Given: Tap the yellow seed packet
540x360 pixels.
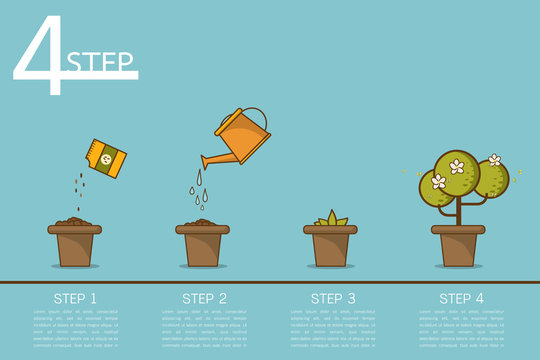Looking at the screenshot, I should tap(107, 158).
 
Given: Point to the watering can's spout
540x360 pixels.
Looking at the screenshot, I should tap(210, 160).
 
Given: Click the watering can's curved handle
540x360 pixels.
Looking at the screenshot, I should tap(256, 116).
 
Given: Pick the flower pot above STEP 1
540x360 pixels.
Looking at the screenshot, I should tap(74, 246).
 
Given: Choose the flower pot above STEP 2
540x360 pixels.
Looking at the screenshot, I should tap(202, 246).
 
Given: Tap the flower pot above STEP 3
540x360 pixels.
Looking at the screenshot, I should tap(330, 246).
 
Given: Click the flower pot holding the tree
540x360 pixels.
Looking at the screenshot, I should tap(458, 246).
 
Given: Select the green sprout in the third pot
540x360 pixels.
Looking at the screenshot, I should tap(330, 218).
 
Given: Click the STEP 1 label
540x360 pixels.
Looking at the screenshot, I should tap(74, 298).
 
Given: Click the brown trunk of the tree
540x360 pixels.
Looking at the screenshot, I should tap(458, 212).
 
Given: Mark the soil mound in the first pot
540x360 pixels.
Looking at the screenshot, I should tap(74, 220).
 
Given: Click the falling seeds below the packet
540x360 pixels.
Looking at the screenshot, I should tap(79, 188).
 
